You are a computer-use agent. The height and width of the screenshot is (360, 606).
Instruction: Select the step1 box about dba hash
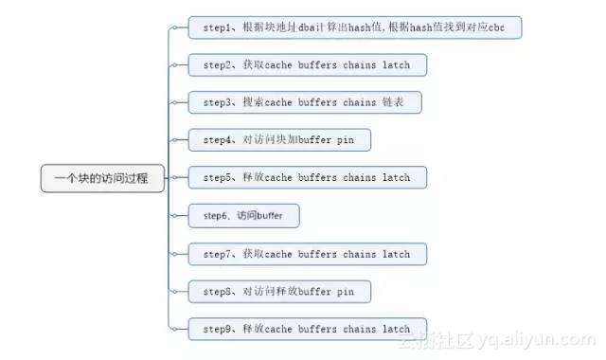(x=355, y=27)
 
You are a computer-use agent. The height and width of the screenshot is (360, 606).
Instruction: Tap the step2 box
(x=307, y=65)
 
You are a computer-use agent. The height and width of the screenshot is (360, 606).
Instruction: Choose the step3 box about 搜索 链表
(x=304, y=102)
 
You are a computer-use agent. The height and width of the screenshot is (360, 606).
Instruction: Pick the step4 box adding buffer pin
(x=279, y=140)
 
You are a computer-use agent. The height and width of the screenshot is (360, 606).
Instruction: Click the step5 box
(x=307, y=178)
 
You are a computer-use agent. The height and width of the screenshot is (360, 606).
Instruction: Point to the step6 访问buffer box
(x=243, y=216)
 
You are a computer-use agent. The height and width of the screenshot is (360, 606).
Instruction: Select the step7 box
(x=307, y=254)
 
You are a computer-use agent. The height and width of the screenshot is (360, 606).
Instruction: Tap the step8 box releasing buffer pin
(x=279, y=292)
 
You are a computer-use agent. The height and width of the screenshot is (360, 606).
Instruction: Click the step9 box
(x=307, y=329)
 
